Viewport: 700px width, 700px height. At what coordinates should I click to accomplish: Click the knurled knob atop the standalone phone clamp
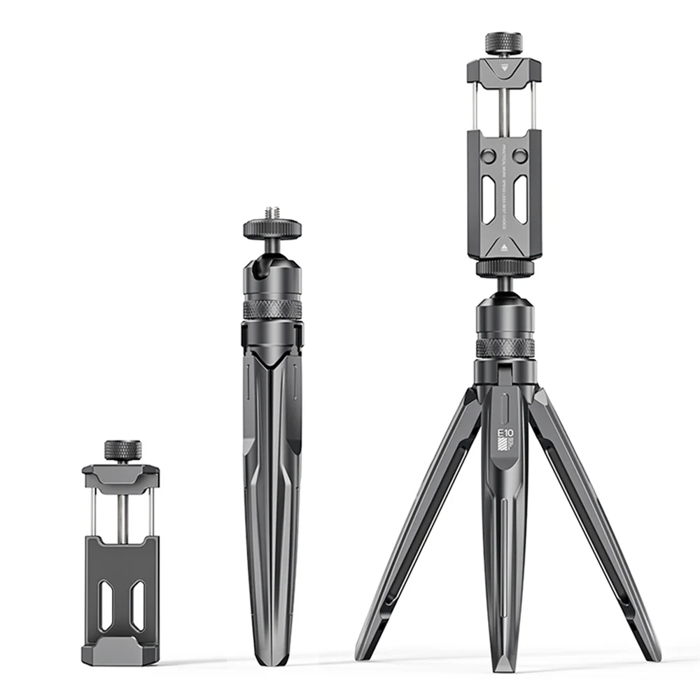coord(122,450)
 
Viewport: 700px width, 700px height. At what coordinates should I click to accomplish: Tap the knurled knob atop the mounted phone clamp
coord(502,41)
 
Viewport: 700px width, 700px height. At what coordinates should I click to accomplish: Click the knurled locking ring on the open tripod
coord(505,348)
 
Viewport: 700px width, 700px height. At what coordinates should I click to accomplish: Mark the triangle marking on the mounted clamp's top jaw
coord(502,69)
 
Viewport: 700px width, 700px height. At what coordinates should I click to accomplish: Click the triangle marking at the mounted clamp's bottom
coord(504,248)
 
